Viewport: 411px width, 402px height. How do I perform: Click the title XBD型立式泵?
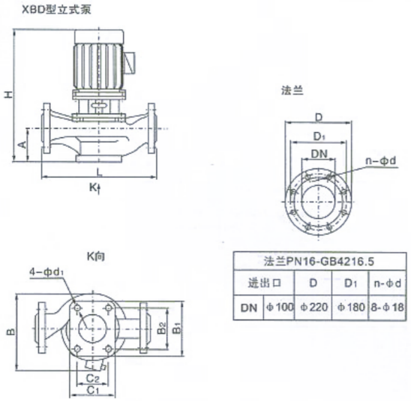56,10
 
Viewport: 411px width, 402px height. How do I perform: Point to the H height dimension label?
8,94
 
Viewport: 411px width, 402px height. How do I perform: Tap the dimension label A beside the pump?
23,144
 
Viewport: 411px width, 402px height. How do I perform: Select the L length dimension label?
99,172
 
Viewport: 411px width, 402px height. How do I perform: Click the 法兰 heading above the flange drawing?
292,91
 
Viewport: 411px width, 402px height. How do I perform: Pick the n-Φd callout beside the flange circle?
381,160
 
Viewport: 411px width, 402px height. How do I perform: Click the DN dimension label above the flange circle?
319,154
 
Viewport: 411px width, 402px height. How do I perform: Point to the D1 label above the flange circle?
319,136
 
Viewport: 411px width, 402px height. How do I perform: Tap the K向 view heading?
95,256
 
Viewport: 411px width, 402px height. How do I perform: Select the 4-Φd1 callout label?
46,272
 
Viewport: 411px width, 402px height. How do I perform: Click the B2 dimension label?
162,328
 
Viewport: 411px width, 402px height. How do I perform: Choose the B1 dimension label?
178,328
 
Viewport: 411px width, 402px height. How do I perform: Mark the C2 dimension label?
93,379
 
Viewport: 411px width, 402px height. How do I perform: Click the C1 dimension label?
92,391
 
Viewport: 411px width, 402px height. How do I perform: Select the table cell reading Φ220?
313,307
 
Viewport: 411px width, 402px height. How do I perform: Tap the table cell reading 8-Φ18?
387,307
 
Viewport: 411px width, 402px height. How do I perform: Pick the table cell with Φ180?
350,307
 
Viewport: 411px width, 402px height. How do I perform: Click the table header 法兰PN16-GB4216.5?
319,261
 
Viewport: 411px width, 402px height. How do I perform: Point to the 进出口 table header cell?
265,283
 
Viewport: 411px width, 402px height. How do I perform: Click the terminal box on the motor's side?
130,61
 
